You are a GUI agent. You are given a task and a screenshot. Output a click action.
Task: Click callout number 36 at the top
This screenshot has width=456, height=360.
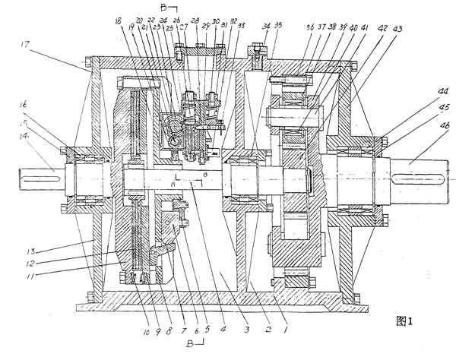point(310,29)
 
